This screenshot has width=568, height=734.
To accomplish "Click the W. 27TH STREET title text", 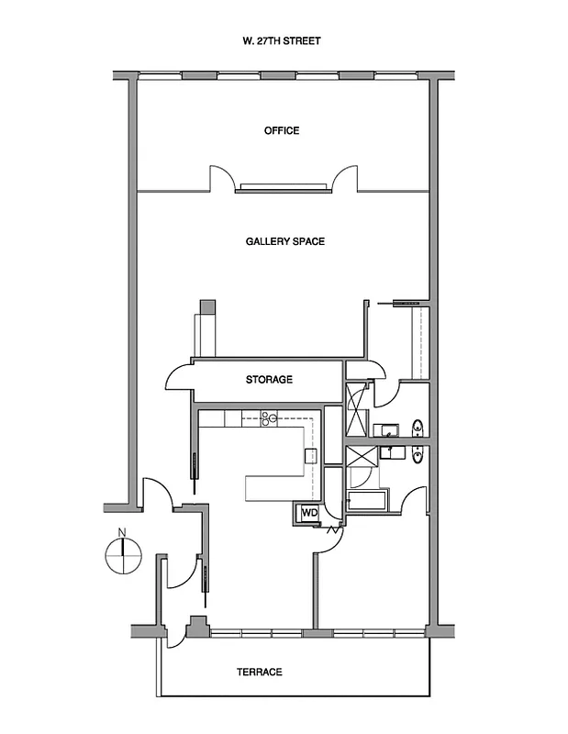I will [282, 41].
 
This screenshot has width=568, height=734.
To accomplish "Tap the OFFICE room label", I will [282, 130].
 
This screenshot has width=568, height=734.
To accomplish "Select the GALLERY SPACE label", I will [284, 241].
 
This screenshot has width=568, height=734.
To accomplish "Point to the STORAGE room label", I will [269, 379].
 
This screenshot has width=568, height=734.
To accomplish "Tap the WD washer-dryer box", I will [308, 512].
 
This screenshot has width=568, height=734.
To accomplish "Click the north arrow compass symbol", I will [120, 556].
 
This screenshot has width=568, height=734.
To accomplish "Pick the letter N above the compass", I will [120, 530].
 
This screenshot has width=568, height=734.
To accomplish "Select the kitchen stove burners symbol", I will [270, 420].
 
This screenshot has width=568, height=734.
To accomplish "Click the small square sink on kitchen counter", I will [310, 455].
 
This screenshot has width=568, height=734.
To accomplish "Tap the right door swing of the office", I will [345, 179].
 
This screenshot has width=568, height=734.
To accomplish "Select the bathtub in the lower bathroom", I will [368, 501].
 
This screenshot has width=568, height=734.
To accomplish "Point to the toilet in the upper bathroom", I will [418, 427].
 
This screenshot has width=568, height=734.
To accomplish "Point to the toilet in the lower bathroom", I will [418, 454].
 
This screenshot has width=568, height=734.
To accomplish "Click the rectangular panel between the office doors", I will [284, 188].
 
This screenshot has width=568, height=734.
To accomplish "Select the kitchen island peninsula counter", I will [275, 486].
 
